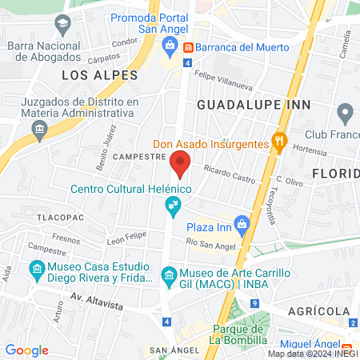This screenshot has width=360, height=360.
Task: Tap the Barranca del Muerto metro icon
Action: [187, 47]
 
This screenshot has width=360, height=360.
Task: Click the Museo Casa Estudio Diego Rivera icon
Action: [37, 270]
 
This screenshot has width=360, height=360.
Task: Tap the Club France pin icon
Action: [345, 111]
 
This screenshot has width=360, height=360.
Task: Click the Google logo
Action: [26, 350]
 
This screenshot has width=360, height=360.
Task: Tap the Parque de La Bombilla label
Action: [238, 334]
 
